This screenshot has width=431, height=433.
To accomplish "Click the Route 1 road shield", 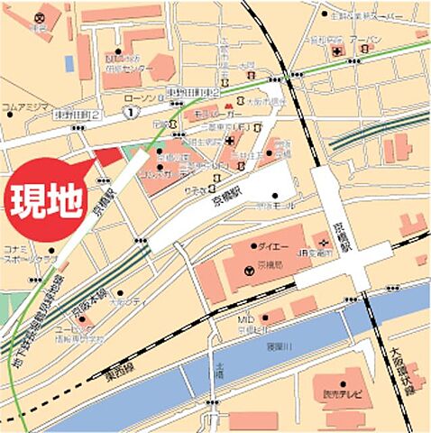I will pos(132,112).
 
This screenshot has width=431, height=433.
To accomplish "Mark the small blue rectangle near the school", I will pos(69,63).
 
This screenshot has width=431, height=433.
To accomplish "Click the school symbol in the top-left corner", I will pos(39,17).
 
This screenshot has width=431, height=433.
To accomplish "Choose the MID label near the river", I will pos(244,319).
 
